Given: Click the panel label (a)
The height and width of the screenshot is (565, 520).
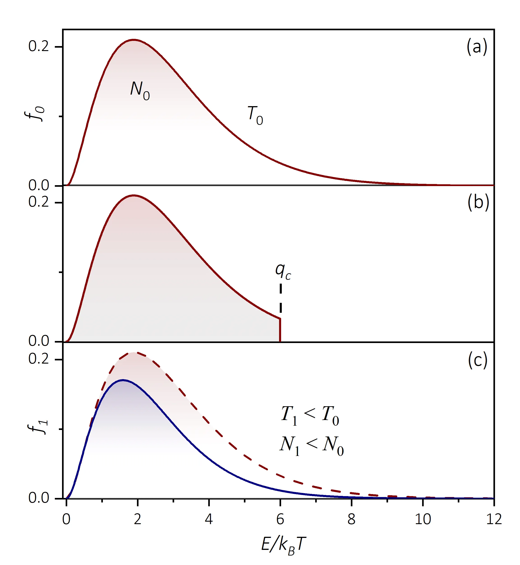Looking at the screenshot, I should coord(477,47).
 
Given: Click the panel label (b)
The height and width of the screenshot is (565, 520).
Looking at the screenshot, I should coord(478,202).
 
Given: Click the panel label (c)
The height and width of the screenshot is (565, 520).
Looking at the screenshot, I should coord(478,360).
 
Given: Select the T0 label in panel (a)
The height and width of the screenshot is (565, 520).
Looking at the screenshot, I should coord(255,115).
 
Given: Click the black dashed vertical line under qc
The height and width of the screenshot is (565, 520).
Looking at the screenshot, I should coord(281,298).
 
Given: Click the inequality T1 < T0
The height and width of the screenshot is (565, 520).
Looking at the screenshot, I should coord(310,415).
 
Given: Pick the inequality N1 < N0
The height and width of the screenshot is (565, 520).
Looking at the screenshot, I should coord(312,445).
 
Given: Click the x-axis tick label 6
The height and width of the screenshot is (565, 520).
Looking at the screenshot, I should coord(280,519).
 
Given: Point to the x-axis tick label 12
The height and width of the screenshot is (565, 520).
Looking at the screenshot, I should coord(494,519).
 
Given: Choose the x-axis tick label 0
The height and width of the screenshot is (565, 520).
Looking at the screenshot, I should coord(66,519).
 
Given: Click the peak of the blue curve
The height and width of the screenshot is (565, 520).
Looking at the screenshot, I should coord(123,380).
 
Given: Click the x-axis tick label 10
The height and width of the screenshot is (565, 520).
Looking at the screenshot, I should coord(423,519).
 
